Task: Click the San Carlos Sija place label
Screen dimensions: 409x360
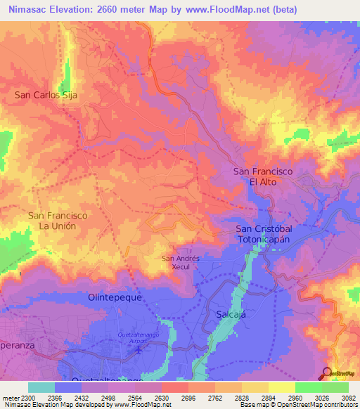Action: tap(46, 94)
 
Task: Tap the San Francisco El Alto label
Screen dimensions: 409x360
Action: tap(263, 176)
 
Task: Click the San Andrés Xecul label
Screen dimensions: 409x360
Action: tap(181, 262)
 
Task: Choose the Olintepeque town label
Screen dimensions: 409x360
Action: tap(115, 297)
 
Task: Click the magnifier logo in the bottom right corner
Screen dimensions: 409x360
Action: tap(326, 372)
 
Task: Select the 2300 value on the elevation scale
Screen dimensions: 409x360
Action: tap(26, 397)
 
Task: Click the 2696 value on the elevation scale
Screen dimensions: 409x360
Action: tap(187, 397)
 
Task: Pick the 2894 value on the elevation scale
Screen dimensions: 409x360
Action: tap(267, 397)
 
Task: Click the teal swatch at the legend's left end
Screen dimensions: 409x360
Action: tap(41, 387)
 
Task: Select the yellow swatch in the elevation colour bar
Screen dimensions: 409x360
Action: tap(281, 387)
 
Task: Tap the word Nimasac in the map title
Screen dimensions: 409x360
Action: tap(26, 10)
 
